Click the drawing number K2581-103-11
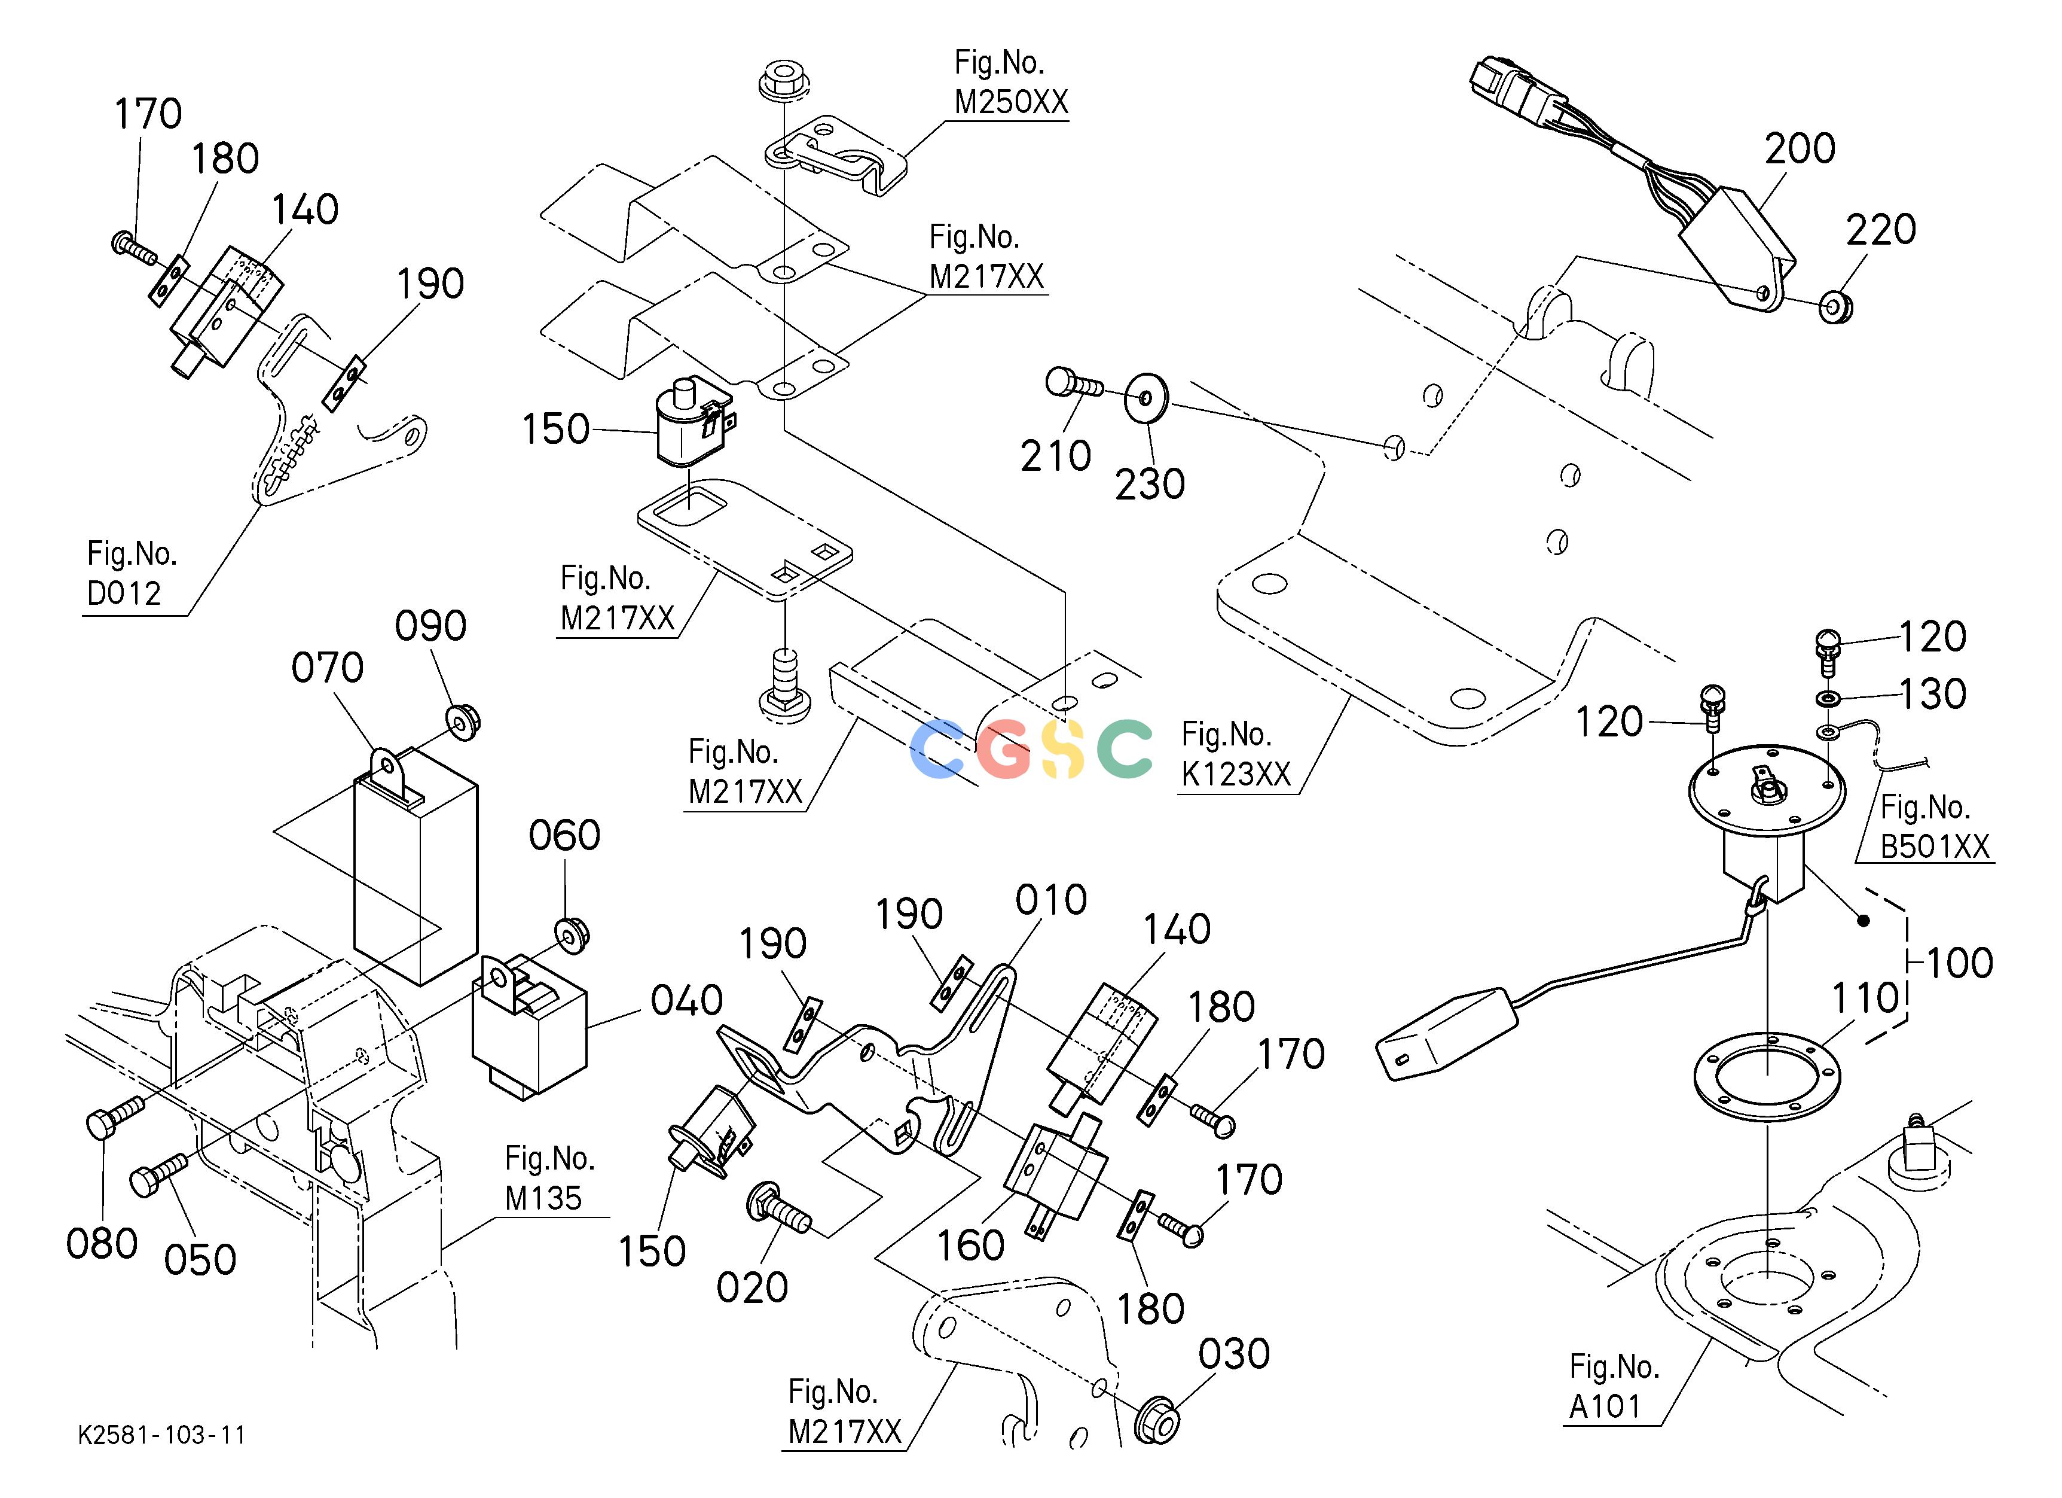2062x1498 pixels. tap(162, 1435)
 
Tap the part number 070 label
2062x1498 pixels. tap(327, 668)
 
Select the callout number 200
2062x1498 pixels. tap(1800, 148)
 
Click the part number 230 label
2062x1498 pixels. tap(1150, 484)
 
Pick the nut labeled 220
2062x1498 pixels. tap(1837, 306)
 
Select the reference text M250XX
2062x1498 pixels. tap(1011, 102)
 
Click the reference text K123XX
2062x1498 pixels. tap(1236, 774)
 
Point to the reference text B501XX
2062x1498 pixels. tap(1935, 847)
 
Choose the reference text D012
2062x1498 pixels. tap(124, 593)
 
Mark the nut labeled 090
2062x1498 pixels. tap(463, 721)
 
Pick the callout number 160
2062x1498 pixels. tap(970, 1245)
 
